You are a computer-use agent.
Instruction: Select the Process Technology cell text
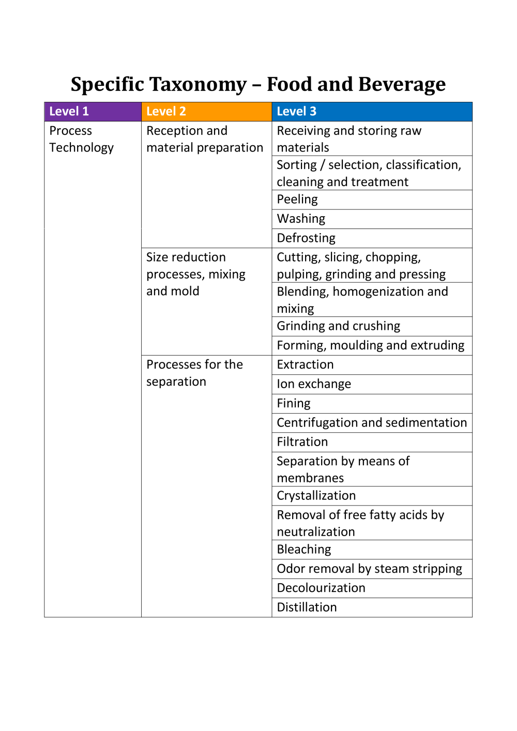81,139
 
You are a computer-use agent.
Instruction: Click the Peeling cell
297,200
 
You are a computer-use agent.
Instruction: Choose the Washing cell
301,219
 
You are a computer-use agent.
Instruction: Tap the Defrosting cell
306,238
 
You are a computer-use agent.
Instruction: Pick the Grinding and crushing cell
339,326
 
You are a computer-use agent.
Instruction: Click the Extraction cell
305,364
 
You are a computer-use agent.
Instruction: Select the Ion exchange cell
314,384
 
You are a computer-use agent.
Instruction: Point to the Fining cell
294,403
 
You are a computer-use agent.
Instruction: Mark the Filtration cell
302,442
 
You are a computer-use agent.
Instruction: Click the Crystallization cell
316,496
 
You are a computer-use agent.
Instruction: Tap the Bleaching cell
304,550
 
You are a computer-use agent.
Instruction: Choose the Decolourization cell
321,588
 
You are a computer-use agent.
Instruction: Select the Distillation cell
307,607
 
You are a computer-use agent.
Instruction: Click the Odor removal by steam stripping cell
370,569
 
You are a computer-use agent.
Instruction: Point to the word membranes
310,478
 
